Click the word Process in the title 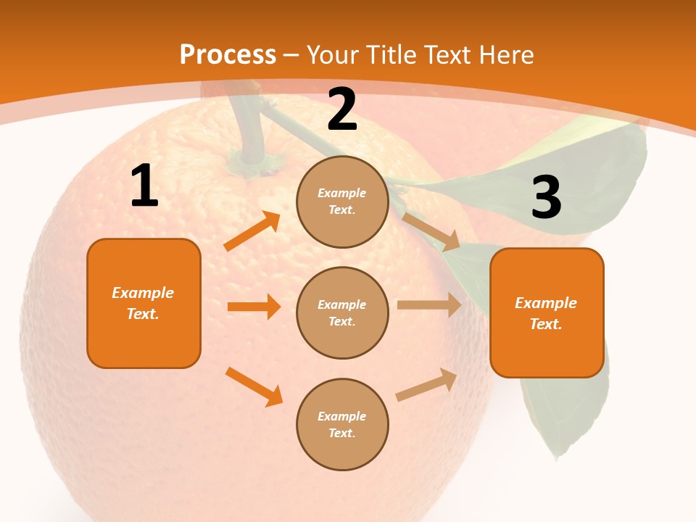coord(228,54)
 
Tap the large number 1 coord(144,186)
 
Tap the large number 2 coord(342,109)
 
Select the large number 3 coord(546,197)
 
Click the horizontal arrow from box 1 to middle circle coord(254,307)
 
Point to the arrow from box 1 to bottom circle coord(254,386)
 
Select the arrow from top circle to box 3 coord(431,231)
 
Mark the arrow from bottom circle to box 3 coord(427,384)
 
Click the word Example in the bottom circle coord(341,416)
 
